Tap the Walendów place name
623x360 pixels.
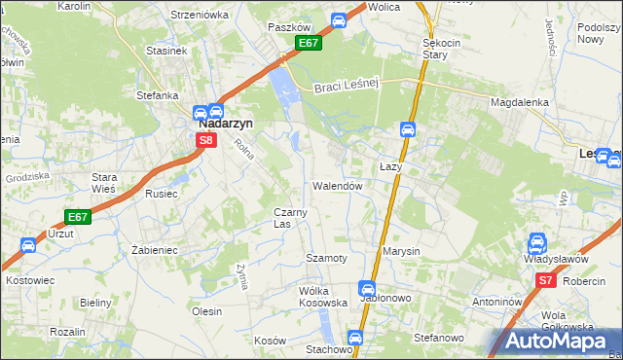[338, 185]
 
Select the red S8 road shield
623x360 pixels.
[205, 140]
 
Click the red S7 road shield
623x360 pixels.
[545, 280]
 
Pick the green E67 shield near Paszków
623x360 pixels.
[308, 44]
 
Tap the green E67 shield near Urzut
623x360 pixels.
[79, 217]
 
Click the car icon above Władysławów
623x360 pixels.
[536, 243]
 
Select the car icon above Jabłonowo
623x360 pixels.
[367, 288]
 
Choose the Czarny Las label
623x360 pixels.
[291, 218]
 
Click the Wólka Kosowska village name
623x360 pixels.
[323, 297]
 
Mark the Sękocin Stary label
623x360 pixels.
[441, 50]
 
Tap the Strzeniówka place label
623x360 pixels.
[199, 15]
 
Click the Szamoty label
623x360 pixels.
[326, 258]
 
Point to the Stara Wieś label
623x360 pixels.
[104, 183]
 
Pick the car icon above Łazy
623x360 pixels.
[408, 129]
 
